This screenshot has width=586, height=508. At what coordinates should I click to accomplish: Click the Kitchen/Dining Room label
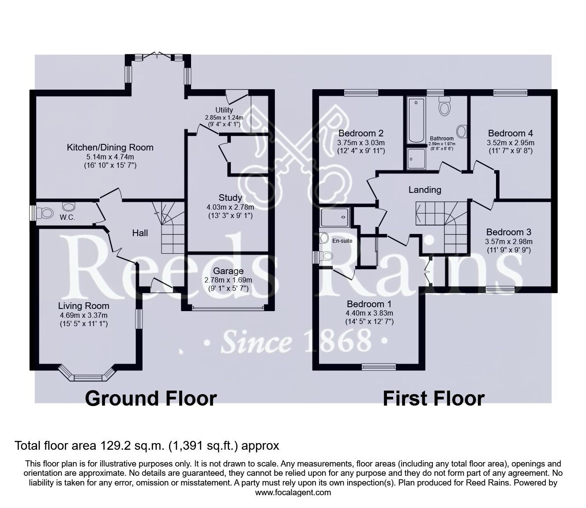pyautogui.click(x=110, y=147)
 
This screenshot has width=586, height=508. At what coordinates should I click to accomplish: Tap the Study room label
pyautogui.click(x=230, y=198)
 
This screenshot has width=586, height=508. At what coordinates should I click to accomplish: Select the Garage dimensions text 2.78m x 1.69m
pyautogui.click(x=228, y=280)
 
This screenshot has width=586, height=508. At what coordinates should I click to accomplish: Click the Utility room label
pyautogui.click(x=224, y=110)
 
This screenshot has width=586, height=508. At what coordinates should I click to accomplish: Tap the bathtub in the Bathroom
pyautogui.click(x=416, y=120)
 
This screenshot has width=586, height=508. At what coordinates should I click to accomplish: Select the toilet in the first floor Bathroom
pyautogui.click(x=444, y=106)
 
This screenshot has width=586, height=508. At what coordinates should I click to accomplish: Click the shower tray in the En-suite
pyautogui.click(x=336, y=217)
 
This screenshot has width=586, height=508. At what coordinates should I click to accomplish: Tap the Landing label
pyautogui.click(x=424, y=190)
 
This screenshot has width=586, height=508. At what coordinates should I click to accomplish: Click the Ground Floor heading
pyautogui.click(x=150, y=398)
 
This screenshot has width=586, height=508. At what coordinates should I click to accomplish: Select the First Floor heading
pyautogui.click(x=433, y=398)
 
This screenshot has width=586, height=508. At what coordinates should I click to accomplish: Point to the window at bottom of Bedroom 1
pyautogui.click(x=378, y=366)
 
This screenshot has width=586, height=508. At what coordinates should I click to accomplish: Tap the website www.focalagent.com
pyautogui.click(x=293, y=493)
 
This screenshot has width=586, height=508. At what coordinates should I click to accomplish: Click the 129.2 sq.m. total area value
pyautogui.click(x=130, y=446)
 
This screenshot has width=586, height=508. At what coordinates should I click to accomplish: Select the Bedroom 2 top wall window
pyautogui.click(x=361, y=93)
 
